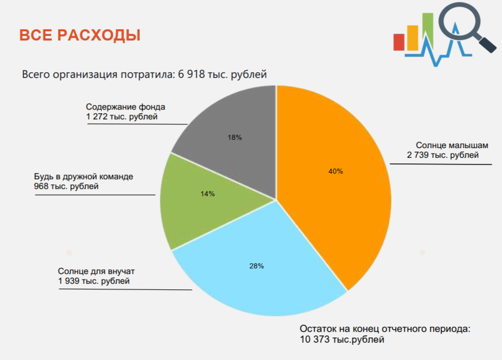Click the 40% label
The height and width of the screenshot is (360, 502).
click(336, 172)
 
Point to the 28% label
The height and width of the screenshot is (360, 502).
click(257, 266)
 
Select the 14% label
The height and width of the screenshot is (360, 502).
click(208, 194)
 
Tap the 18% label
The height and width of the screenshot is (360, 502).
click(235, 138)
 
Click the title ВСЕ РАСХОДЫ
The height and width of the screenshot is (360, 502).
click(80, 36)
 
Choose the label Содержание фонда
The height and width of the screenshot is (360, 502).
click(126, 108)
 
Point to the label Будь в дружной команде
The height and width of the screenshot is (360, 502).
click(83, 177)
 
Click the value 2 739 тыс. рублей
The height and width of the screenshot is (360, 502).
click(443, 155)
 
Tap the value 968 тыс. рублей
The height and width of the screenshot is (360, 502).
click(67, 186)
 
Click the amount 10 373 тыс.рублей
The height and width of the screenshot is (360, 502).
click(342, 339)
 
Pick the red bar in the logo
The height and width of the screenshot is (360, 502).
click(399, 43)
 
